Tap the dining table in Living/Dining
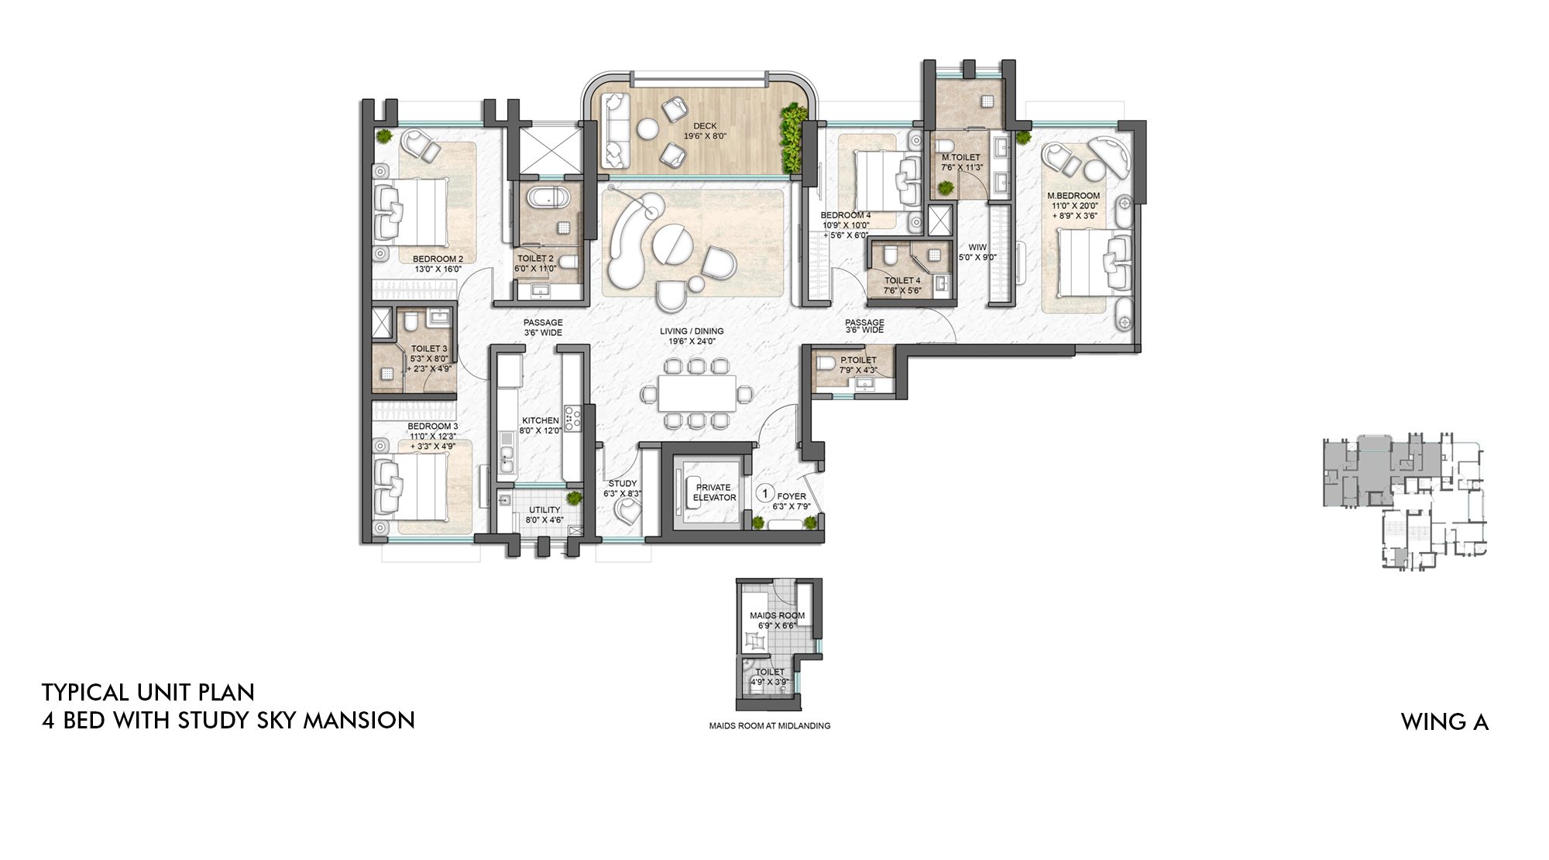tap(697, 393)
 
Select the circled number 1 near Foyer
tap(764, 493)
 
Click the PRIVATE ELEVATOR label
tap(713, 492)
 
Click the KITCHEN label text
tap(540, 420)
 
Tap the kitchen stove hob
tap(572, 419)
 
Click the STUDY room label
tap(622, 483)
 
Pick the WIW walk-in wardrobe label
tap(977, 248)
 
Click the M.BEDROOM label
tap(1073, 196)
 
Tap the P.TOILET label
tap(858, 360)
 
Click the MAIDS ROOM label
tap(777, 615)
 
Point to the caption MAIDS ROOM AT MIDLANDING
tap(769, 726)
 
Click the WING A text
tap(1444, 722)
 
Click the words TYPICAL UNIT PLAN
tap(148, 692)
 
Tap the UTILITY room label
tap(544, 510)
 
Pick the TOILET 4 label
tap(902, 280)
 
